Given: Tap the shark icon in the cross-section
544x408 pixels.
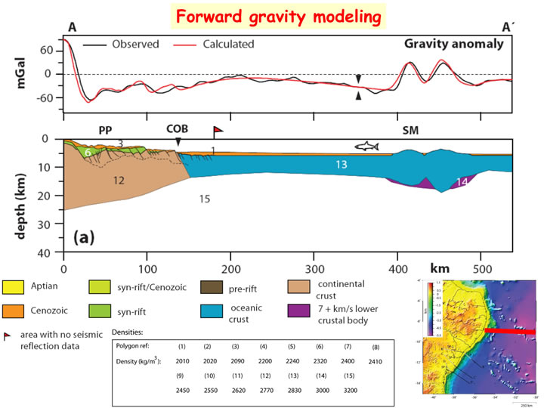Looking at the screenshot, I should [x=366, y=145].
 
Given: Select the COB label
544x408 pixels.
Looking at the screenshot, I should [x=178, y=128].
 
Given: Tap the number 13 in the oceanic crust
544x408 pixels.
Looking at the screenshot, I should [x=342, y=165].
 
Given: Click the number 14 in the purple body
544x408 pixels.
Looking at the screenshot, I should [x=462, y=182].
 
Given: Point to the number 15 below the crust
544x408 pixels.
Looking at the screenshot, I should [x=203, y=199].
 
